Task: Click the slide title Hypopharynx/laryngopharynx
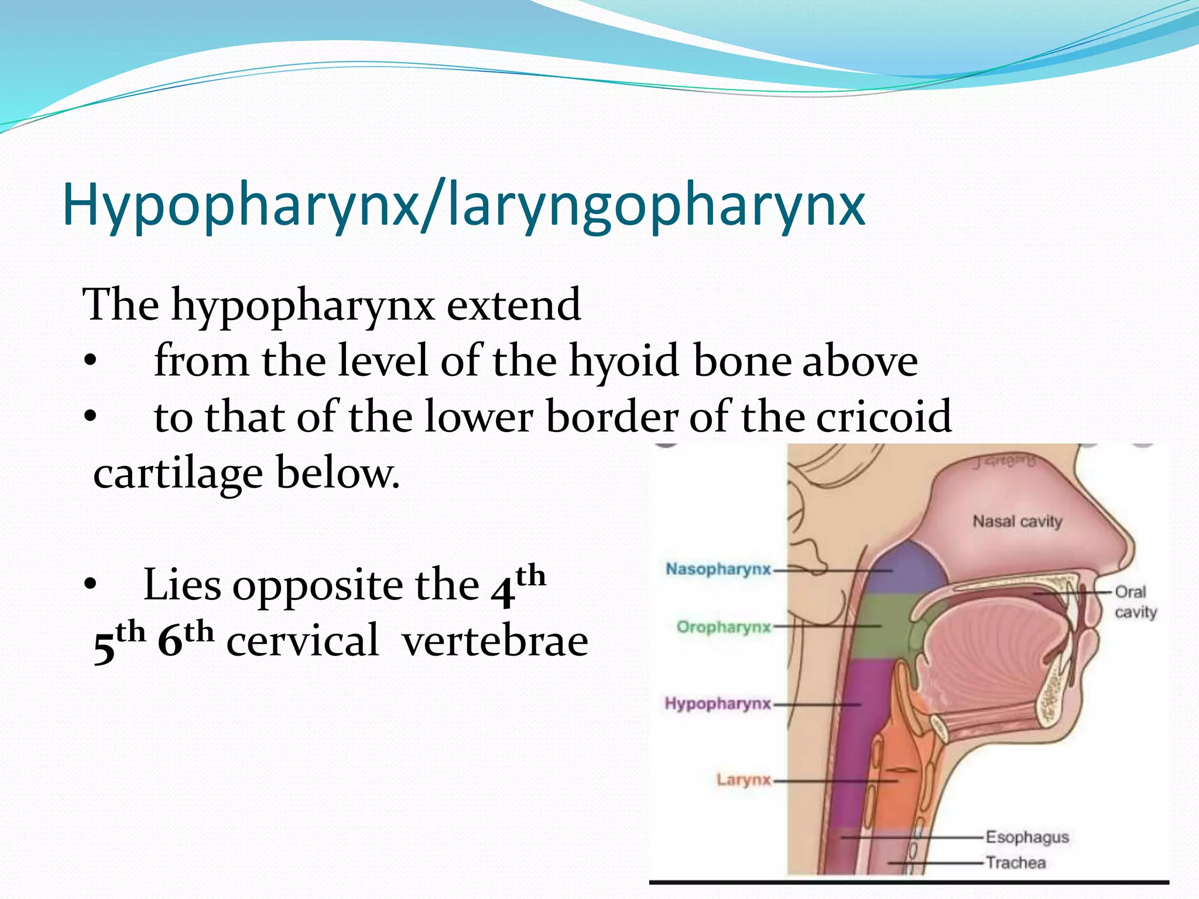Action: [463, 205]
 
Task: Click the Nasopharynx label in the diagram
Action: [718, 569]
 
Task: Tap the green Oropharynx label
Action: [724, 627]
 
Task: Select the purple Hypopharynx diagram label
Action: [718, 703]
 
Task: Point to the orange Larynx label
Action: [744, 780]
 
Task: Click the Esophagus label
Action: [1027, 837]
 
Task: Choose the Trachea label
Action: [1015, 862]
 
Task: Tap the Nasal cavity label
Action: [1017, 521]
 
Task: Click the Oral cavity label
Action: [1135, 602]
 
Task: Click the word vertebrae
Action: [495, 641]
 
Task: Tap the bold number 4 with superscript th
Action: [503, 591]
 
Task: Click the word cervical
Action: [302, 641]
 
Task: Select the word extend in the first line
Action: [513, 305]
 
